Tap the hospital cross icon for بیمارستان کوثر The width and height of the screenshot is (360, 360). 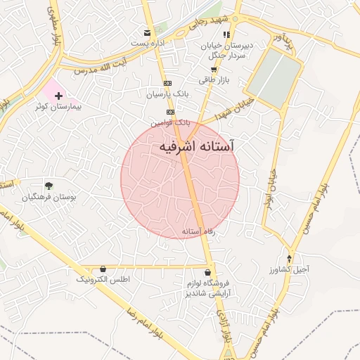point(58,95)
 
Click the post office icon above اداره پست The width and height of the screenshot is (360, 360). point(147,32)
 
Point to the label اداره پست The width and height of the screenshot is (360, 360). point(146,44)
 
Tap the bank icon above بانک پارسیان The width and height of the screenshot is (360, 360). point(168,83)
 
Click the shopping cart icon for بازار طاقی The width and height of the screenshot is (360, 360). point(214,70)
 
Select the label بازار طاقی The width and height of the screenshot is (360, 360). point(214,80)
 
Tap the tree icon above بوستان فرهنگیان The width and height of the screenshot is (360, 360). point(49,186)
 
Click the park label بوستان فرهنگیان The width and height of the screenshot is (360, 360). point(48,198)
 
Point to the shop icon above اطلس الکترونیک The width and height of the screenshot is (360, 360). point(103,269)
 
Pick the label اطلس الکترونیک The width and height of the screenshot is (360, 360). point(103,280)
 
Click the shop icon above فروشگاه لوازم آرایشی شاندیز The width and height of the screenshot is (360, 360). point(207,272)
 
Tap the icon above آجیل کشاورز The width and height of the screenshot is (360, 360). point(288,258)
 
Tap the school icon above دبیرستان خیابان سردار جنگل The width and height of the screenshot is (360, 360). point(226,34)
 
